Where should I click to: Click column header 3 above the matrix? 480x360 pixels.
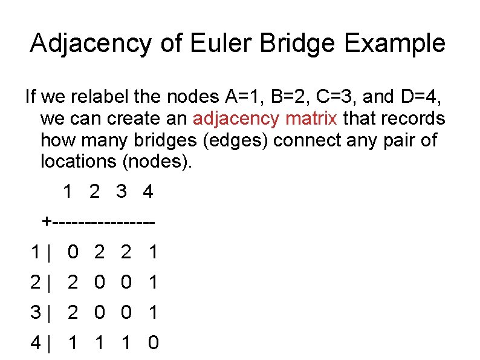pos(122,192)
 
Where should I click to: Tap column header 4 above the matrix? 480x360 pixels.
pos(148,192)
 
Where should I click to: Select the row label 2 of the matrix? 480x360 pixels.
pos(35,281)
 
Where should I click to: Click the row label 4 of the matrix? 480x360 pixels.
pos(35,342)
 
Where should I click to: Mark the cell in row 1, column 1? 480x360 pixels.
pos(73,251)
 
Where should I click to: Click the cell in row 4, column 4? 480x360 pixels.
pos(154,342)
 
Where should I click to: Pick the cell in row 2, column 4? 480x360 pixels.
pos(154,281)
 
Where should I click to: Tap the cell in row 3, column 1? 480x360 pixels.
pos(73,312)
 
